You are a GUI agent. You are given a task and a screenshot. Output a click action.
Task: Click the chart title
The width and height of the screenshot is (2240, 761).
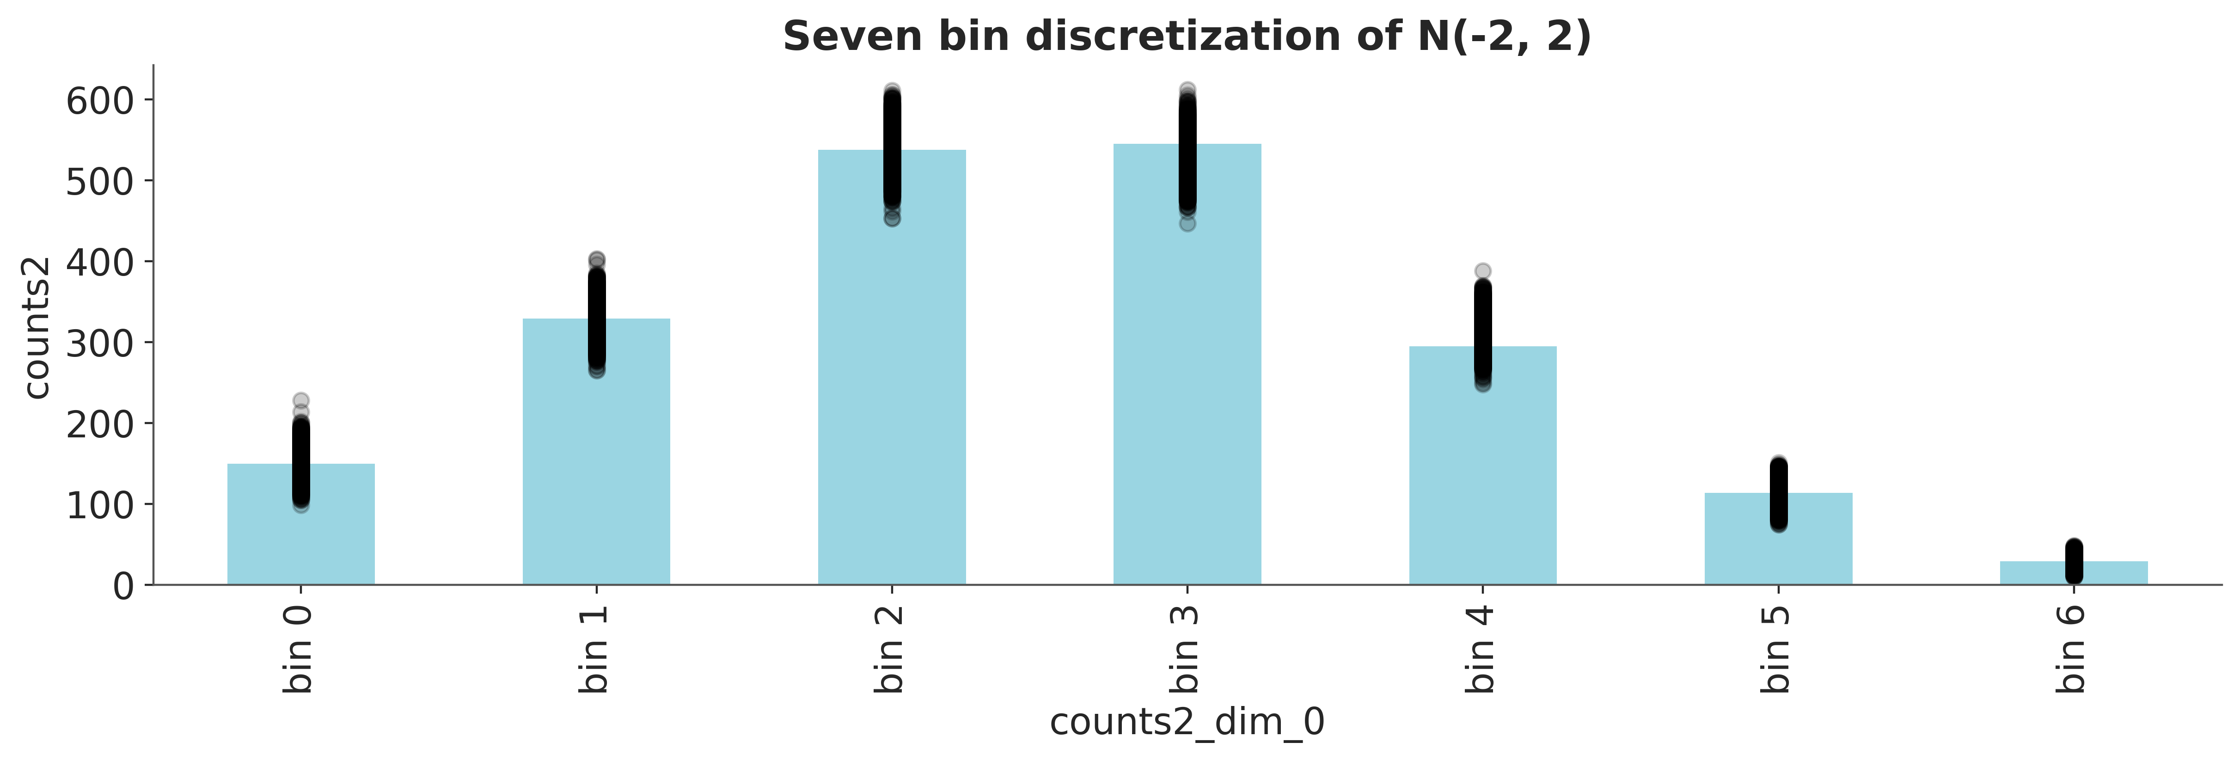[1187, 37]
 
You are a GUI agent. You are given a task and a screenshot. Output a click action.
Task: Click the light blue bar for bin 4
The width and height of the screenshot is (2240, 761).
[1482, 465]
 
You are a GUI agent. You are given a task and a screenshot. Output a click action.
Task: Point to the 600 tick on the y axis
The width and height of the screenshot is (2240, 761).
[101, 100]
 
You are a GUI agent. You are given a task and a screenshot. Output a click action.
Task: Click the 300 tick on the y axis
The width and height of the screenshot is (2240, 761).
[101, 343]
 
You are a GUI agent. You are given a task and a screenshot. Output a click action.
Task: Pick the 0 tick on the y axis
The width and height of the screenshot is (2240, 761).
[124, 585]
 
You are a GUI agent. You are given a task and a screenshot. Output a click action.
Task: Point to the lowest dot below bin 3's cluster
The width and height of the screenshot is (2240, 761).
[1187, 223]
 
